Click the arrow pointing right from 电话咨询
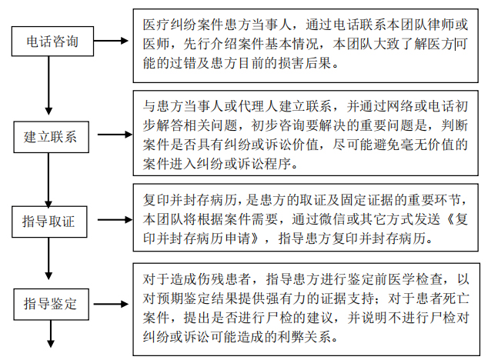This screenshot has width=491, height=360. pos(111,41)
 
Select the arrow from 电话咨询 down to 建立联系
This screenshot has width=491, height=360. pos(48,85)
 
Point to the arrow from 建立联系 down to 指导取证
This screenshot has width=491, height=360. pos(48,180)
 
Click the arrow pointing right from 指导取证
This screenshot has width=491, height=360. pos(115,220)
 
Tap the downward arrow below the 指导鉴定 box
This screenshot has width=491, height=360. pos(51,334)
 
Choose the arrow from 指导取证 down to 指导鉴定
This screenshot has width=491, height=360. pos(48,258)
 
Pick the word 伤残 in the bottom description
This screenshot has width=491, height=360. pos(211,278)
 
